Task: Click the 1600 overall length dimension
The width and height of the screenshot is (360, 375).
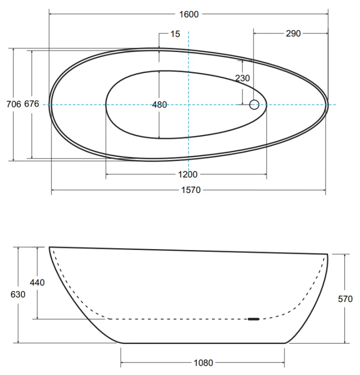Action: (x=189, y=14)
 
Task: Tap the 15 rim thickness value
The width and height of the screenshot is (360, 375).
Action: (x=175, y=34)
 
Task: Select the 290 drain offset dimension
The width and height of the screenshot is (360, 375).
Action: (x=293, y=33)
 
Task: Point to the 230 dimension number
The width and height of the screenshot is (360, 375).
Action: (x=242, y=78)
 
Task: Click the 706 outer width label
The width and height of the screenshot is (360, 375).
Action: (x=13, y=104)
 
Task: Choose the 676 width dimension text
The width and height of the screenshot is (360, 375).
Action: (x=31, y=104)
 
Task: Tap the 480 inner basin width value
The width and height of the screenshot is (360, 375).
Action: (x=159, y=104)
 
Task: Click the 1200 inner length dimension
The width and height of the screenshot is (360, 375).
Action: (x=188, y=174)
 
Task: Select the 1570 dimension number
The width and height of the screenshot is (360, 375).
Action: (x=190, y=190)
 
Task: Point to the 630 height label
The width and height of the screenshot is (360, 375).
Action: (x=18, y=294)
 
